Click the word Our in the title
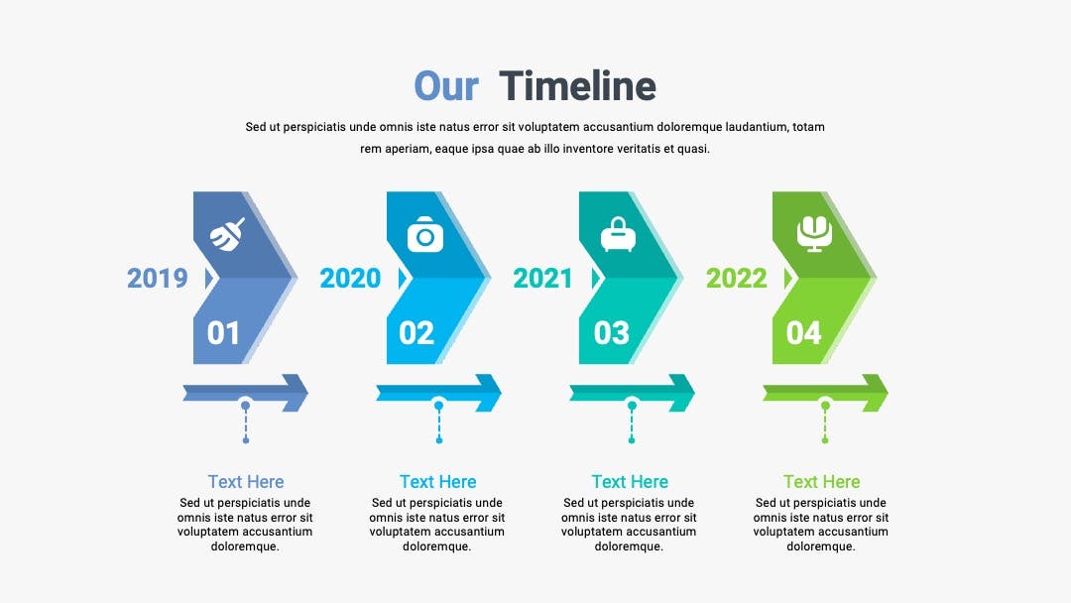coord(446,86)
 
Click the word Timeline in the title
coord(577,86)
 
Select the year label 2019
coord(157,278)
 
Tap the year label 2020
coord(350,278)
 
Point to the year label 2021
coord(542,278)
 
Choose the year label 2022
coord(736,278)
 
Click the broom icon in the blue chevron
coord(227,234)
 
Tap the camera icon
coord(424,234)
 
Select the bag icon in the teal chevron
coord(618,234)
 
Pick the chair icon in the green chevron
coord(814,234)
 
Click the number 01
coord(223,333)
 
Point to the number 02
coord(416,333)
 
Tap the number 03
coord(611,333)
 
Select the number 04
coord(804,333)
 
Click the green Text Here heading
coord(822,481)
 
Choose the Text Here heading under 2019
coord(246,481)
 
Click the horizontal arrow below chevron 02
coord(438,393)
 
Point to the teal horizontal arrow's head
coord(681,393)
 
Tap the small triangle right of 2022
coord(788,279)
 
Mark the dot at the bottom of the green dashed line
coord(825,440)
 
